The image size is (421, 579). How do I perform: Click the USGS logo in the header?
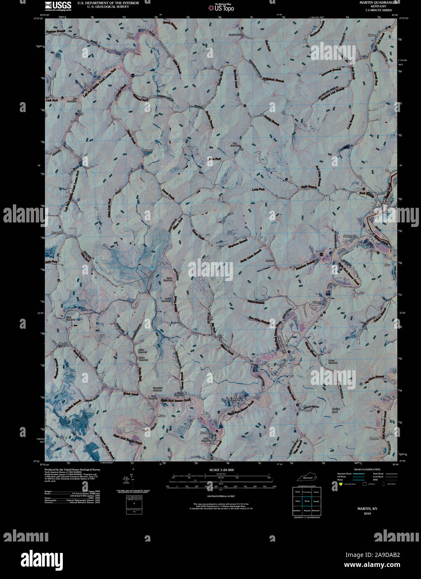click(x=58, y=5)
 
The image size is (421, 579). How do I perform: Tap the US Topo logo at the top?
click(x=221, y=7)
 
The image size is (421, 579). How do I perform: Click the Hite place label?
click(x=388, y=265)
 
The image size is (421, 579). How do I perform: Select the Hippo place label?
click(x=63, y=343)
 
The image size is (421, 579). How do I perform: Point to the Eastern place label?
click(x=235, y=399)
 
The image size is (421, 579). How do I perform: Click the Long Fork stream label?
click(x=258, y=190)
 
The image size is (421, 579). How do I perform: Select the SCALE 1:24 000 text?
click(x=222, y=470)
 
